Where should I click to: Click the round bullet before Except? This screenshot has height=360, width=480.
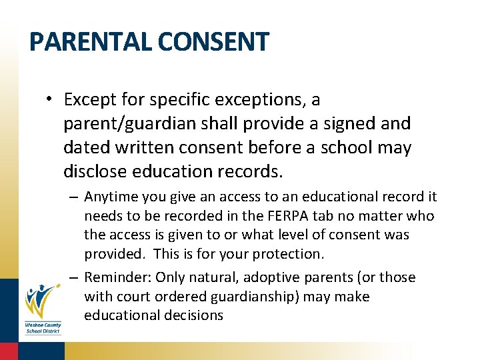pyautogui.click(x=51, y=100)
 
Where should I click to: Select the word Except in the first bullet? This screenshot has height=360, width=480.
pyautogui.click(x=92, y=100)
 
